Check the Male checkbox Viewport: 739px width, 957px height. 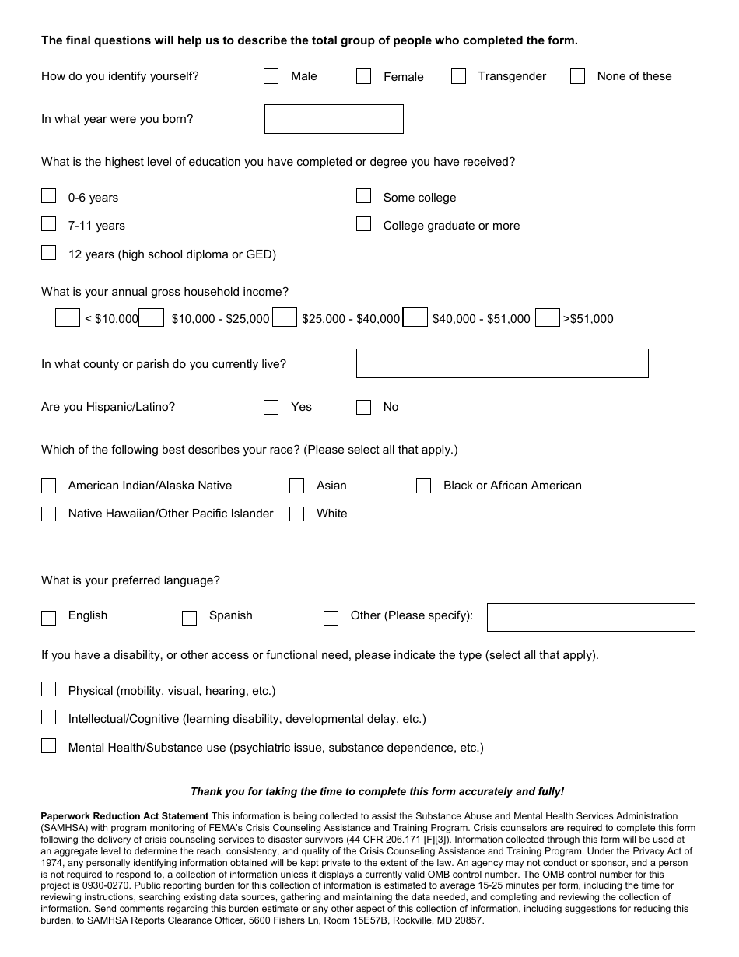(x=271, y=76)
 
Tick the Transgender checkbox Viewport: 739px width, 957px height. (x=458, y=76)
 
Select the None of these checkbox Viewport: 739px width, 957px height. (x=577, y=76)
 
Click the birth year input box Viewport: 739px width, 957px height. (x=334, y=119)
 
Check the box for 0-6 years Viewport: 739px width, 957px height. (x=48, y=196)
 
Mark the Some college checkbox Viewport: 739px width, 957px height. (x=363, y=196)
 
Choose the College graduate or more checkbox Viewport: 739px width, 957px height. (x=363, y=224)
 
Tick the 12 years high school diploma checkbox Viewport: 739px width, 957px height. (x=48, y=253)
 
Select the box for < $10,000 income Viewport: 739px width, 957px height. (x=68, y=317)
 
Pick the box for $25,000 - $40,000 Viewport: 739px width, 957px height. (x=285, y=317)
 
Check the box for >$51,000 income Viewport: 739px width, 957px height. (x=548, y=317)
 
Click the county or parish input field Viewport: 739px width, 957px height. (x=502, y=363)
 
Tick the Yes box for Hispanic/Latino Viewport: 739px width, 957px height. (x=271, y=407)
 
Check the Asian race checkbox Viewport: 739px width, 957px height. (x=296, y=486)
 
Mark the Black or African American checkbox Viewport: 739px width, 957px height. (x=423, y=486)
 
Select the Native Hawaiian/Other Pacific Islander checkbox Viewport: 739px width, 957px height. (x=48, y=514)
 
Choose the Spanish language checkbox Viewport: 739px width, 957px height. (x=189, y=618)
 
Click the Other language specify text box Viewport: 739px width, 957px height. (x=590, y=617)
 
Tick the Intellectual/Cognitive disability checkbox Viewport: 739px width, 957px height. (x=48, y=717)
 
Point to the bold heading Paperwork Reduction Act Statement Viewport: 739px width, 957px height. (x=124, y=816)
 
